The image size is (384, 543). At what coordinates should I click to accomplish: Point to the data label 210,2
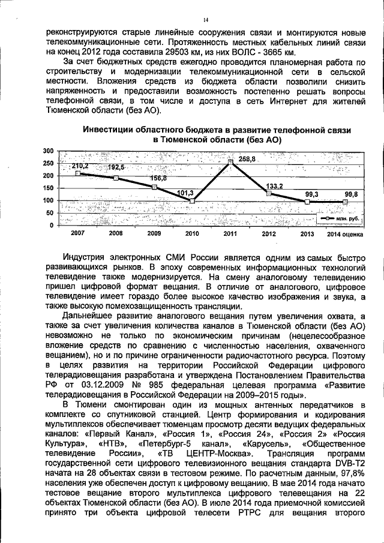(80, 166)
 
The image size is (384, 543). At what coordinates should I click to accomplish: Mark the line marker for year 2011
(230, 162)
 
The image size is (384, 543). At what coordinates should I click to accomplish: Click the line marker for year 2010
(192, 200)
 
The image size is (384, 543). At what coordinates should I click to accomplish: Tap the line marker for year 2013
(307, 202)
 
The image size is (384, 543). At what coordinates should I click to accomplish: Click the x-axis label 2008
(116, 233)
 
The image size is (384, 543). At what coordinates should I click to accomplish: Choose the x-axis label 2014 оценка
(345, 233)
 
